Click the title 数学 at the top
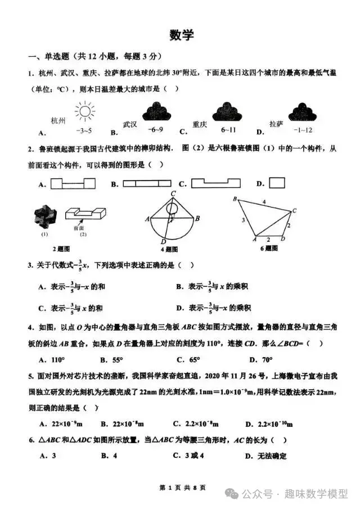click(181, 35)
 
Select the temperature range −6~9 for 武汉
click(156, 129)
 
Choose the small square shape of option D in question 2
click(277, 183)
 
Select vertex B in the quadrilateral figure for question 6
click(235, 198)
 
